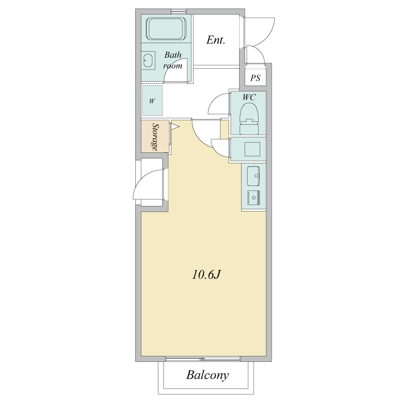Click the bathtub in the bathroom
pyautogui.click(x=166, y=29)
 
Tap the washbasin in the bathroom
pyautogui.click(x=148, y=61)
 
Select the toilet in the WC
pyautogui.click(x=249, y=118)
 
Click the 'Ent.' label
pyautogui.click(x=216, y=40)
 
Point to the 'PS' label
pyautogui.click(x=255, y=78)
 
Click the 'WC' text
pyautogui.click(x=249, y=97)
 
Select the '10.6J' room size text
pyautogui.click(x=206, y=275)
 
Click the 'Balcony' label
pyautogui.click(x=207, y=375)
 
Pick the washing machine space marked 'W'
pyautogui.click(x=152, y=101)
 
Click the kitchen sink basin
pyautogui.click(x=253, y=176)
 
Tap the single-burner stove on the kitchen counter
pyautogui.click(x=254, y=197)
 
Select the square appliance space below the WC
pyautogui.click(x=252, y=149)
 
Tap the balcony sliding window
pyautogui.click(x=203, y=359)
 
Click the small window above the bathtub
pyautogui.click(x=178, y=12)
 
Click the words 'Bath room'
pyautogui.click(x=173, y=60)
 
